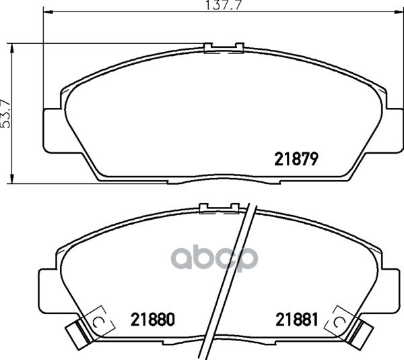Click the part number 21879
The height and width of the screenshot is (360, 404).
coord(296,159)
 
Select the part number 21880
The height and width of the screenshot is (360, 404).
coord(153,320)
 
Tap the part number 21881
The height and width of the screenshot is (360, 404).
coord(297,320)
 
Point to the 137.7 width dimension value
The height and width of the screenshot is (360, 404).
coord(224,5)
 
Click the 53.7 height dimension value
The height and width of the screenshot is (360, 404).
coord(5,113)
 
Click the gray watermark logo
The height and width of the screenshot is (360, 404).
coord(214,259)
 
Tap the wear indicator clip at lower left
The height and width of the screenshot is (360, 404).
coord(78,334)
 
